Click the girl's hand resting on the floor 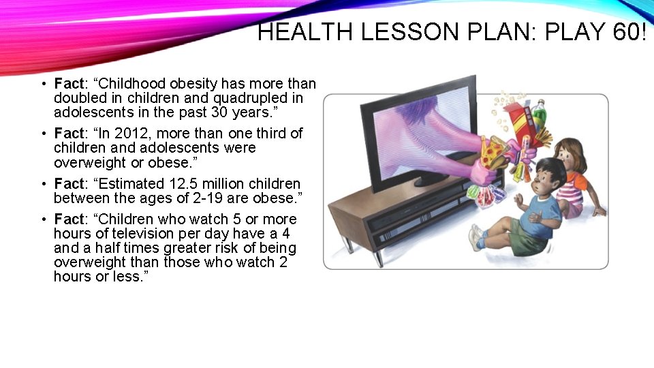point(599,212)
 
